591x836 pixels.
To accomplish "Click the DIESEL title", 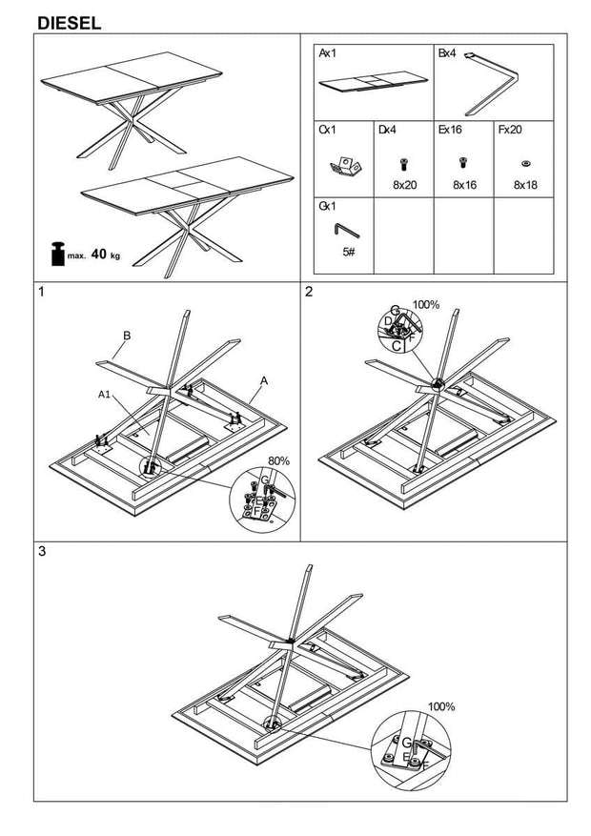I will (70, 22).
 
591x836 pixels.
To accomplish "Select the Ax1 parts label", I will (327, 54).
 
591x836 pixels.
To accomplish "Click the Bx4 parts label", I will (447, 54).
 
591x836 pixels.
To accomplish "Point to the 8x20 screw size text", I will (404, 185).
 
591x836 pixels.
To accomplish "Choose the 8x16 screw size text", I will (464, 185).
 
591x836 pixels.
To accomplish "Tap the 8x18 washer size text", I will (525, 185).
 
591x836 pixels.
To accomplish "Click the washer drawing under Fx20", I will (525, 163).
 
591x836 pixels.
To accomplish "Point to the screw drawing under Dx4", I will (404, 163).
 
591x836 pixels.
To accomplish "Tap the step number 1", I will (41, 293).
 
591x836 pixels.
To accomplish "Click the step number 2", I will (309, 293).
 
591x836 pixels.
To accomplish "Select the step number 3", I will (41, 552).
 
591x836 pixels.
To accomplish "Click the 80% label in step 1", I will (277, 460).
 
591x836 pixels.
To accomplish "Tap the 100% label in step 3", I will (440, 707).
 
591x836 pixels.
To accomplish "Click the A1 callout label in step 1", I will (104, 394).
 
